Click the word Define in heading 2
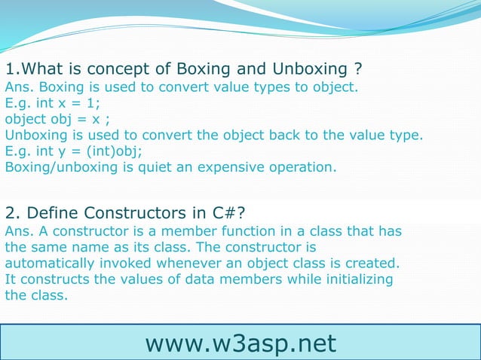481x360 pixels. click(47, 210)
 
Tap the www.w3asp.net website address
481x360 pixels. click(240, 343)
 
